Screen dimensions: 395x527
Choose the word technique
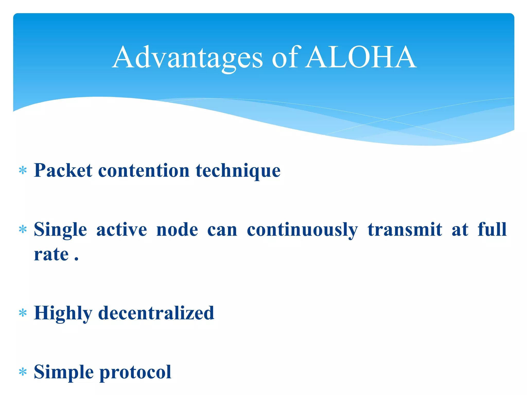[x=238, y=171]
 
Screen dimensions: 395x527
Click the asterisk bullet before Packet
[x=23, y=171]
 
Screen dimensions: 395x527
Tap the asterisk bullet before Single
[x=23, y=229]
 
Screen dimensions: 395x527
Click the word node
[x=177, y=229]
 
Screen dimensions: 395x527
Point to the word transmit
[x=405, y=229]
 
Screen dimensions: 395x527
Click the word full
[x=492, y=229]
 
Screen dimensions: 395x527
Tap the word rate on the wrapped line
[x=51, y=255]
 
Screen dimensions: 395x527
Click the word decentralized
[x=156, y=313]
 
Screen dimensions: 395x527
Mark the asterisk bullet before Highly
[x=23, y=313]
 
